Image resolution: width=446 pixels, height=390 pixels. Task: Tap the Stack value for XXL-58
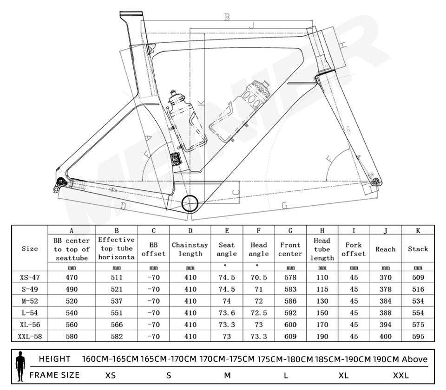(418, 336)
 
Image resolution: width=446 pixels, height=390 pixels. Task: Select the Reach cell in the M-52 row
(385, 301)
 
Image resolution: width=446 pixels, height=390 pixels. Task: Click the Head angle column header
(258, 249)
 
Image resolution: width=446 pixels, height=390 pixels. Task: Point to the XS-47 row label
(30, 278)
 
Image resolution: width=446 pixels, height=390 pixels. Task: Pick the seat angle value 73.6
(227, 312)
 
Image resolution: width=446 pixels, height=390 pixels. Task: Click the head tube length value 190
(322, 336)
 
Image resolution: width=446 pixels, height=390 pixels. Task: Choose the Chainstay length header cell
(190, 249)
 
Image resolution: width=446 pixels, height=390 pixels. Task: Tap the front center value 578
(290, 278)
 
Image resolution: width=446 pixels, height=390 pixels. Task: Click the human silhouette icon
(20, 366)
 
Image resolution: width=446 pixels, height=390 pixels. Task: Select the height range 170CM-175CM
(227, 359)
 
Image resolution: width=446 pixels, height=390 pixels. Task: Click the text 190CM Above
(400, 359)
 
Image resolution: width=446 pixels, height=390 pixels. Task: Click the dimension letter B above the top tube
(227, 17)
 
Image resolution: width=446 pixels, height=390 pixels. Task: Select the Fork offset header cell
(354, 249)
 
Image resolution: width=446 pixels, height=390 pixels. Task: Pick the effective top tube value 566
(117, 324)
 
